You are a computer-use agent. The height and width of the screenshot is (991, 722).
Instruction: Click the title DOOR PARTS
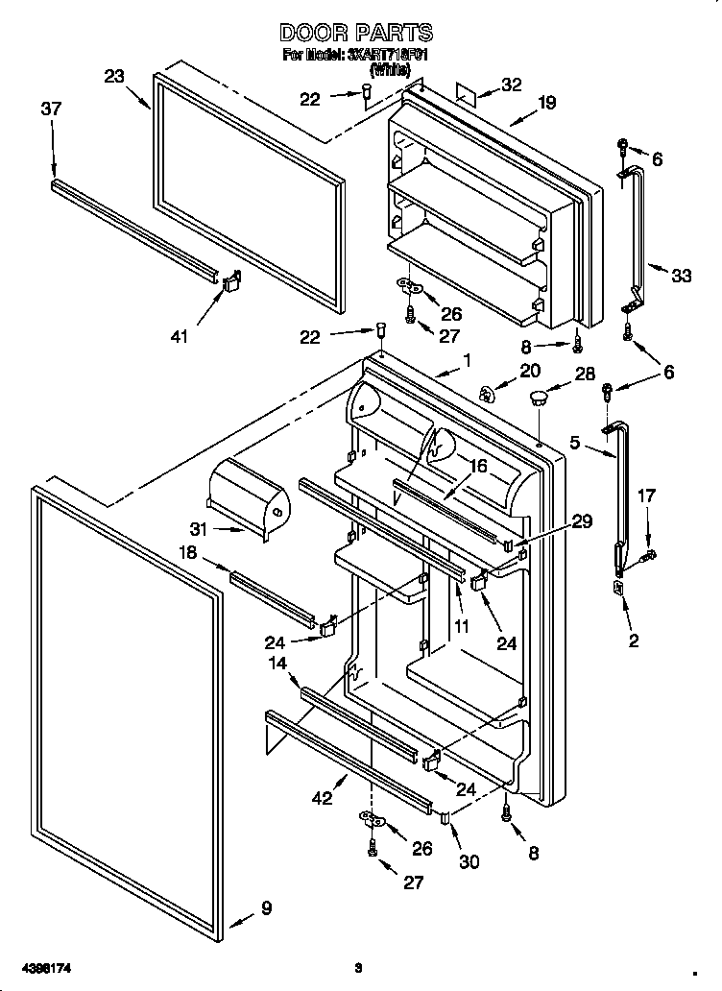coord(356,34)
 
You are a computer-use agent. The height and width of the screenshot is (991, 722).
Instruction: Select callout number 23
coord(115,77)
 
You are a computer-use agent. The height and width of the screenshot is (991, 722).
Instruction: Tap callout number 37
coord(51,109)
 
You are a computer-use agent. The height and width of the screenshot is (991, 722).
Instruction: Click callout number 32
coord(511,85)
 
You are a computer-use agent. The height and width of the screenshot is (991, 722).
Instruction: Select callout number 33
coord(681,276)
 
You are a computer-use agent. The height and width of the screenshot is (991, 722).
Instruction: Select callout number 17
coord(647,496)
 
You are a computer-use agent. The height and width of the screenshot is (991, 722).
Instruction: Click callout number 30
coord(469,862)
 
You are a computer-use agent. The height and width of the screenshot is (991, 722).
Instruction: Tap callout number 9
coord(266,907)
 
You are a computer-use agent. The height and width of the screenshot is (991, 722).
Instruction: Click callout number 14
coord(277,663)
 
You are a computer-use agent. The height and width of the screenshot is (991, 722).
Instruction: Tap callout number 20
coord(530,371)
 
